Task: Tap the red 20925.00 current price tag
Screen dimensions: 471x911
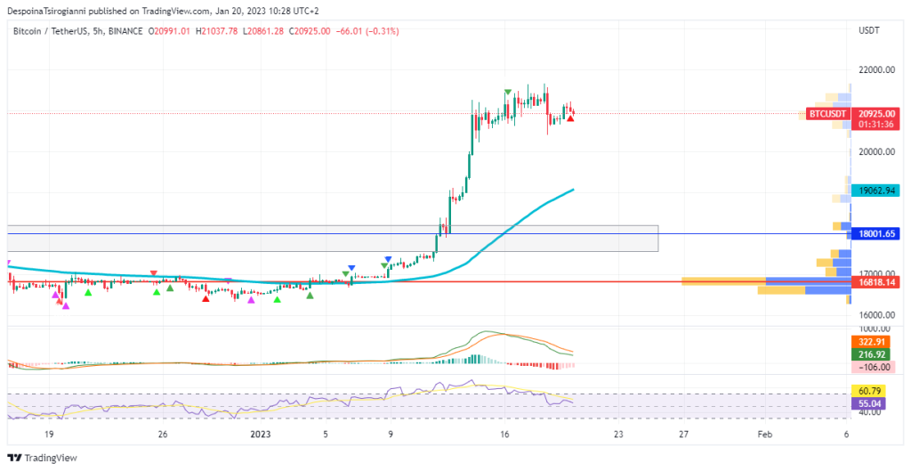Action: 876,114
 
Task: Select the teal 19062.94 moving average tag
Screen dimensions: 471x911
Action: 876,191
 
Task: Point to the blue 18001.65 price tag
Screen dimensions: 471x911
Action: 876,234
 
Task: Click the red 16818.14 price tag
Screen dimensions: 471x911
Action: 876,282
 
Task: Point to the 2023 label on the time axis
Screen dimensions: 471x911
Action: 262,434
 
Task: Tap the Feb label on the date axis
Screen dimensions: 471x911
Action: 764,434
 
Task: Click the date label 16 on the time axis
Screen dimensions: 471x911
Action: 504,434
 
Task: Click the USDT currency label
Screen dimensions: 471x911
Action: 868,31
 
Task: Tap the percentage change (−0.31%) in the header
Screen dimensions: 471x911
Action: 379,31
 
